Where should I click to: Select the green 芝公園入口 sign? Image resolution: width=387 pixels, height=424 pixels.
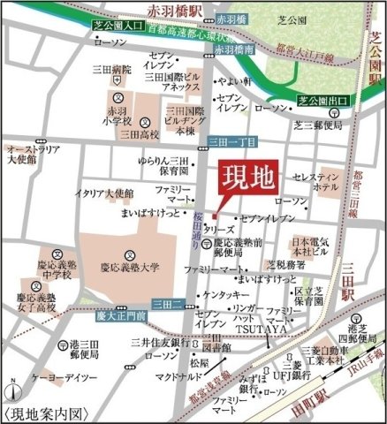[x=120, y=27]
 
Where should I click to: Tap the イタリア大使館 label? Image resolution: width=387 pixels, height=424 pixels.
[x=104, y=193]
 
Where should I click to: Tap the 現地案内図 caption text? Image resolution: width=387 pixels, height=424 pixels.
[x=49, y=413]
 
